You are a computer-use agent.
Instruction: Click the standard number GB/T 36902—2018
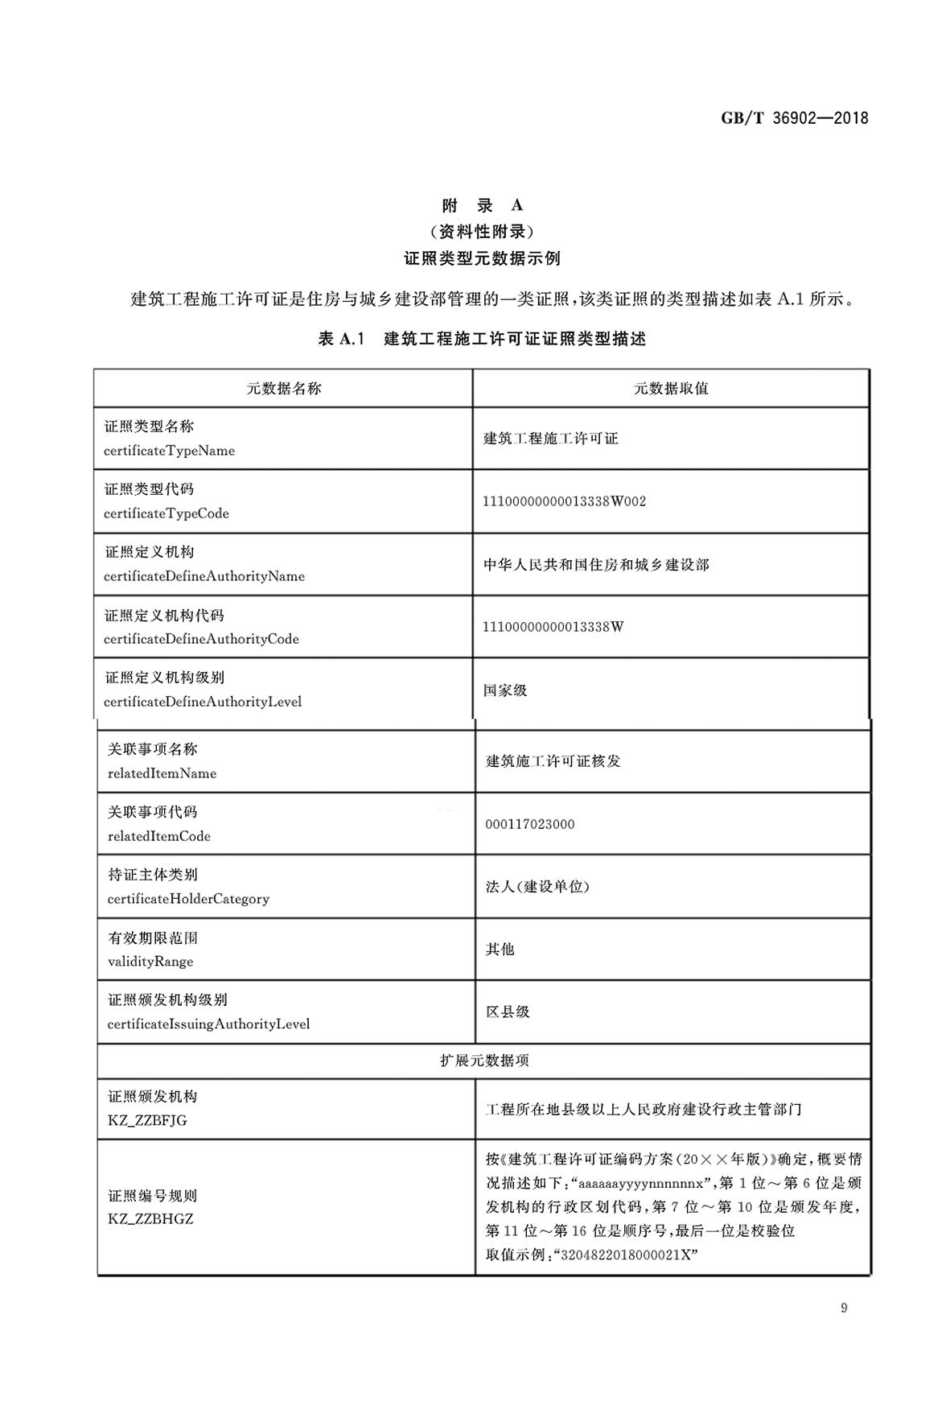794,118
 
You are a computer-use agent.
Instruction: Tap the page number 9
844,1308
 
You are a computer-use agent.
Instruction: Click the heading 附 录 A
482,205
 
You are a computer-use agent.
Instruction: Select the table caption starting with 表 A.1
482,339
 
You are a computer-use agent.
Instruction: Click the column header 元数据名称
283,389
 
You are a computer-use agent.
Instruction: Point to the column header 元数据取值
671,389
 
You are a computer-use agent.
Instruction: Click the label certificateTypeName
169,451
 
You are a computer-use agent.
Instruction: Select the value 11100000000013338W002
564,501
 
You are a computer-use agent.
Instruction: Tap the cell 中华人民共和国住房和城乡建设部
596,565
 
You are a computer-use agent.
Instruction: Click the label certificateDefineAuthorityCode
201,639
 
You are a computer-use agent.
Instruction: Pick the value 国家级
505,690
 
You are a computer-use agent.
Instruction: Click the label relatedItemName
162,773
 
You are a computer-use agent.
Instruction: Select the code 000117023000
530,824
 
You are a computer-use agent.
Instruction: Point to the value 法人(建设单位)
537,887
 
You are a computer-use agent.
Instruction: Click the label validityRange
150,962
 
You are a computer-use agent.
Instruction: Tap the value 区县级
508,1012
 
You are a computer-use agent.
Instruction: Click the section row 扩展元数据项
484,1061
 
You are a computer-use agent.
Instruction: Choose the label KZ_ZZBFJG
147,1120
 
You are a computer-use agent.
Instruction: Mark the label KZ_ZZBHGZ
150,1218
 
